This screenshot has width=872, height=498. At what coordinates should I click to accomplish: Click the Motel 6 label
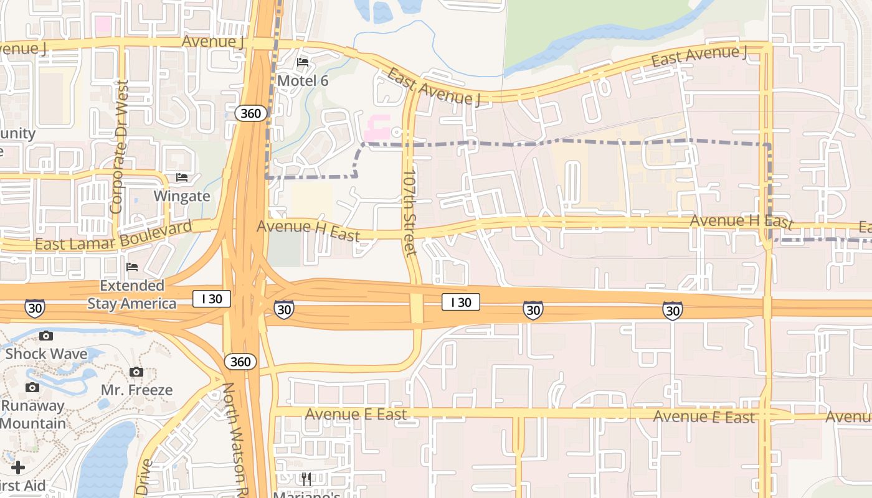[303, 80]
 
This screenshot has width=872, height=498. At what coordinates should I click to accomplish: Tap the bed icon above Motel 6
[303, 62]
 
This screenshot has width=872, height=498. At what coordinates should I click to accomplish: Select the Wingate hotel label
[182, 196]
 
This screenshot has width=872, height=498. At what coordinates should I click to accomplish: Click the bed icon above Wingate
[182, 178]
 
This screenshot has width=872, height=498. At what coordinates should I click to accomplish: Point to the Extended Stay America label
[132, 294]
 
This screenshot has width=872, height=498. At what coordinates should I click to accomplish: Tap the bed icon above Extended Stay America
[132, 268]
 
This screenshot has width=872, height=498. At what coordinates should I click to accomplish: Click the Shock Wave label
[46, 354]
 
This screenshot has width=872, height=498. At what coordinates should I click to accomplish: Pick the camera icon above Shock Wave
[46, 336]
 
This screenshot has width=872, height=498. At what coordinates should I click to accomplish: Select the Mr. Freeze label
[137, 390]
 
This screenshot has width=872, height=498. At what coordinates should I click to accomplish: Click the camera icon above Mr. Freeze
[136, 372]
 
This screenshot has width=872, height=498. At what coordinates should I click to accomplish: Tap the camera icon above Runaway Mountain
[32, 388]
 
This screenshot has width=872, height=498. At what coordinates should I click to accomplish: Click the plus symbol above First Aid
[18, 467]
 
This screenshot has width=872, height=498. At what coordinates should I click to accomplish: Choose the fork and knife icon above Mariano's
[306, 479]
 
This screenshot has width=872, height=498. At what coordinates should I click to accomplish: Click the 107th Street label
[409, 213]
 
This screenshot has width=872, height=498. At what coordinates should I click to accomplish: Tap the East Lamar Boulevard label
[113, 237]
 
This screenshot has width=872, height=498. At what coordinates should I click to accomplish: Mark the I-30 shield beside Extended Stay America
[35, 308]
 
